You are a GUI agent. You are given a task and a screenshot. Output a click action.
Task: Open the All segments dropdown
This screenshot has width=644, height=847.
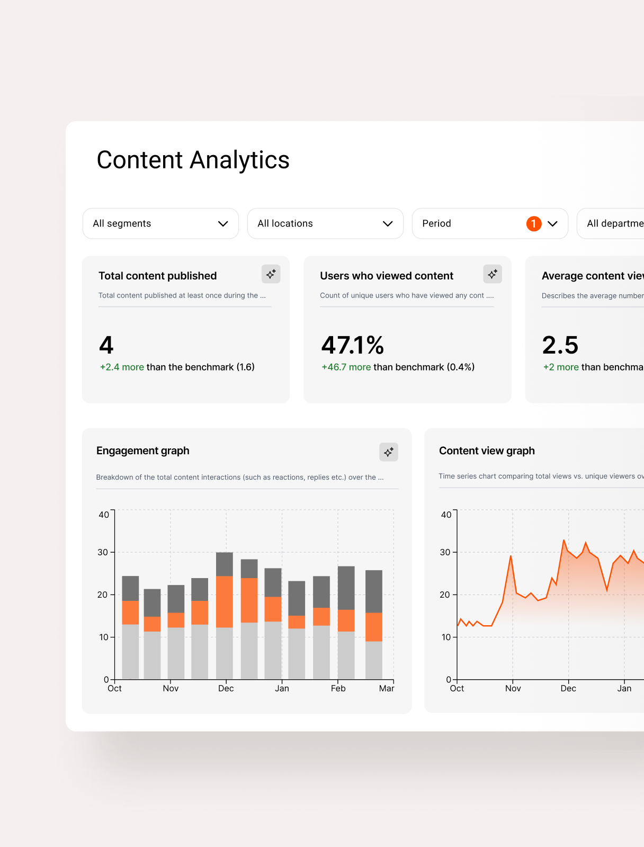click(160, 223)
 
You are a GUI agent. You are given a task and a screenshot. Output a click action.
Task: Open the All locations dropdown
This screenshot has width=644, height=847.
click(325, 223)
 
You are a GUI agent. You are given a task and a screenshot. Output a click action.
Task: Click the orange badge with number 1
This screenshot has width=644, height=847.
click(534, 223)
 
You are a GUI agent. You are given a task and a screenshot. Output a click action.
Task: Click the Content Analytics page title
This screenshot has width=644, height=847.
click(193, 160)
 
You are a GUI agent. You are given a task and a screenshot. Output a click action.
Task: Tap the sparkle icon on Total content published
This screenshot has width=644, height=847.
click(271, 274)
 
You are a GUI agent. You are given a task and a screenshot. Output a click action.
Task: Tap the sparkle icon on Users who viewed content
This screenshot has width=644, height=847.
click(493, 274)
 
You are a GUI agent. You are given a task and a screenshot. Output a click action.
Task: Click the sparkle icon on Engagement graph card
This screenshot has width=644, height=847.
click(389, 452)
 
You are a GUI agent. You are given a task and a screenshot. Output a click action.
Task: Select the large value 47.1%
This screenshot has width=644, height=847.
click(353, 345)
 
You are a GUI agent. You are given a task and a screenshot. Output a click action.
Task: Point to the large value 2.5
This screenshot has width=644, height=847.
click(560, 345)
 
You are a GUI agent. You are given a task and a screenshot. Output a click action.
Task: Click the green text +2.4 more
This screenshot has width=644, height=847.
click(122, 367)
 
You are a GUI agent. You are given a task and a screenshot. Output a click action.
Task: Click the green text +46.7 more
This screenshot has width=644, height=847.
click(346, 367)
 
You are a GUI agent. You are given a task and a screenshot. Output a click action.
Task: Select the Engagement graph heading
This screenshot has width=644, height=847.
click(143, 450)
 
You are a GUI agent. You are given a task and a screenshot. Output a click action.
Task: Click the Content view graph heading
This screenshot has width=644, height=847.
click(487, 450)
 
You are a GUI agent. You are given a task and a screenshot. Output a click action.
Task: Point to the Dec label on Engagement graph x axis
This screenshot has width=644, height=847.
click(226, 688)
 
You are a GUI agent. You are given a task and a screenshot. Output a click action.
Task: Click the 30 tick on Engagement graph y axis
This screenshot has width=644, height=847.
click(103, 552)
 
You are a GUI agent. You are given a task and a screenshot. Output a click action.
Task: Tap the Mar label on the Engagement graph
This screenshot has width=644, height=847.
click(387, 688)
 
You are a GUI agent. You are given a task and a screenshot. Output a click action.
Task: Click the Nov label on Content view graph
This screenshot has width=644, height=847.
click(513, 688)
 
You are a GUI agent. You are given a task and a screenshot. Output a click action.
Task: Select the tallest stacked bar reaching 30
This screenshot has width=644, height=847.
click(225, 616)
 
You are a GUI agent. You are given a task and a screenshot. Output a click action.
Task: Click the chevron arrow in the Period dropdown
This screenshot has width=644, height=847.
click(552, 224)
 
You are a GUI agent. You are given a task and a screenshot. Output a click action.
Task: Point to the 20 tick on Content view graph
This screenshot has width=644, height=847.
click(445, 594)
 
